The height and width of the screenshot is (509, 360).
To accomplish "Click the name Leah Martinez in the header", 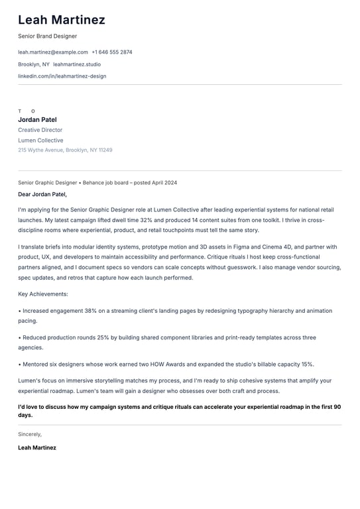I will (x=62, y=20).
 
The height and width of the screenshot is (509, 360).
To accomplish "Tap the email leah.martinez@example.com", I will (x=53, y=52).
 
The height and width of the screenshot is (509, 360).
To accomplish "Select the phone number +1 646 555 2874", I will (x=112, y=52).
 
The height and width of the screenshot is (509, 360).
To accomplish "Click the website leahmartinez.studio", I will (x=77, y=64).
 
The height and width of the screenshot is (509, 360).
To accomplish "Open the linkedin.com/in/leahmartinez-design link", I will (x=62, y=76).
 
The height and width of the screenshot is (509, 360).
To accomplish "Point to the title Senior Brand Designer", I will (x=48, y=36).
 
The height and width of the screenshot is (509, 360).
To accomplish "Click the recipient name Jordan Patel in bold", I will (x=37, y=120).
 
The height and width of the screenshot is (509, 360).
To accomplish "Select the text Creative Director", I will (x=40, y=131).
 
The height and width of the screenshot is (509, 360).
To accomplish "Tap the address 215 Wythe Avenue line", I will (x=65, y=150).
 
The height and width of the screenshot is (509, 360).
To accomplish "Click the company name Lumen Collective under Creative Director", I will (x=40, y=141).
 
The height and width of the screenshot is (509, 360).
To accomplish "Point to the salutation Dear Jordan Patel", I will (x=42, y=195).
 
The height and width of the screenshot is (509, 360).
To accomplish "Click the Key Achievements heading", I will (x=43, y=294).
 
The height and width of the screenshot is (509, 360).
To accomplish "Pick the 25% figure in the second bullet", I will (x=103, y=337).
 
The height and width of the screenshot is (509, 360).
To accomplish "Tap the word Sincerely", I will (x=30, y=434).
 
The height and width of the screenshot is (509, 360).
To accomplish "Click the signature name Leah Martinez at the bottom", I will (x=37, y=448).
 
